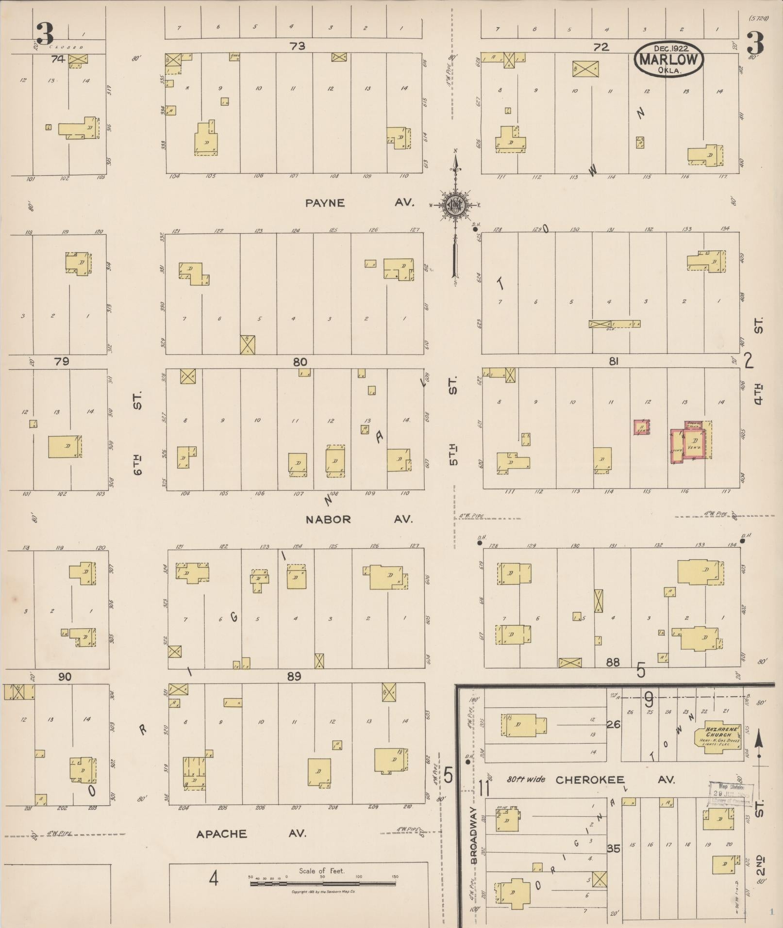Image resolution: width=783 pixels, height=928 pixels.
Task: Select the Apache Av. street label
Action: pos(251,834)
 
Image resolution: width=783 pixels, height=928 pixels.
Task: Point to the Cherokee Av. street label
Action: pos(616,780)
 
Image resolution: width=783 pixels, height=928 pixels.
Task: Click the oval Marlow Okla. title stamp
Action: pos(668,59)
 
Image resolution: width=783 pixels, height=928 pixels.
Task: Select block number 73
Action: pos(297,46)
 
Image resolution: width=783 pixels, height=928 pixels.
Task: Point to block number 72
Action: pos(601,47)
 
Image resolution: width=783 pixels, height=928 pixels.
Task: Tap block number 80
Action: pos(300,362)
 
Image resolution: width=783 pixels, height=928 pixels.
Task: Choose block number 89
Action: pos(294,676)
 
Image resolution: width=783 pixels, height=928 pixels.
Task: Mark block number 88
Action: pos(613,662)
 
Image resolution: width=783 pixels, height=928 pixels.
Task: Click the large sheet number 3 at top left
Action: pos(45,33)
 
